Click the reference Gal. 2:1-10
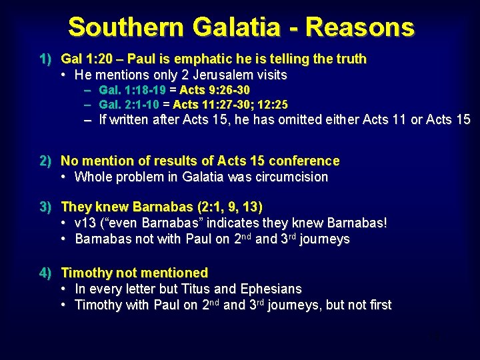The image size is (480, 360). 128,105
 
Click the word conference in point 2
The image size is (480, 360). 305,161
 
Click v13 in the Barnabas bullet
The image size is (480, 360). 85,223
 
